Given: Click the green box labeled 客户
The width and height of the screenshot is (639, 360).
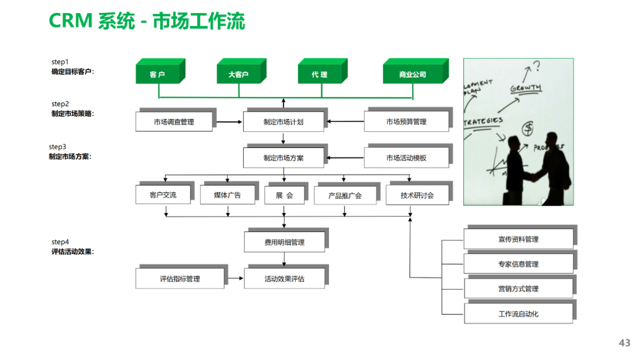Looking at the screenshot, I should pyautogui.click(x=157, y=75).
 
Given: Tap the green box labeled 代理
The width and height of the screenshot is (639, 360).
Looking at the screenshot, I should pyautogui.click(x=319, y=75).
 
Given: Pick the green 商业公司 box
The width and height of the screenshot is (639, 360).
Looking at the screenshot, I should pyautogui.click(x=412, y=75).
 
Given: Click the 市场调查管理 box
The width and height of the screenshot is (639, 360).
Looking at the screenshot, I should pyautogui.click(x=174, y=122).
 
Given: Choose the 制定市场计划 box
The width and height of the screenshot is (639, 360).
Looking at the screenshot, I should pyautogui.click(x=283, y=122).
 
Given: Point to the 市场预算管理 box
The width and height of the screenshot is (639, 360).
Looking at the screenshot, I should pyautogui.click(x=406, y=122).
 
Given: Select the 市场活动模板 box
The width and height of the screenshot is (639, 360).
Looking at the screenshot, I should pyautogui.click(x=406, y=158).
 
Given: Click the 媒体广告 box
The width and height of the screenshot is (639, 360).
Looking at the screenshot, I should pyautogui.click(x=227, y=195).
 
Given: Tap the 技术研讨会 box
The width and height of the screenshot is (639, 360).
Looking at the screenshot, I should pyautogui.click(x=417, y=195).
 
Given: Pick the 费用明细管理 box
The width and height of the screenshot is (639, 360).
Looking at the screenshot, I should pyautogui.click(x=284, y=242).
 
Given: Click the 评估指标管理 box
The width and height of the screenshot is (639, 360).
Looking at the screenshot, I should pyautogui.click(x=180, y=279).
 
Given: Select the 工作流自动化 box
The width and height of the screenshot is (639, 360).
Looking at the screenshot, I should pyautogui.click(x=518, y=314).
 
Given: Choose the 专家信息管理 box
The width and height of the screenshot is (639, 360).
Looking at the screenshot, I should pyautogui.click(x=518, y=264).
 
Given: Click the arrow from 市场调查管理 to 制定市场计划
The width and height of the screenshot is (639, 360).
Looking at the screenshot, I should pyautogui.click(x=230, y=123).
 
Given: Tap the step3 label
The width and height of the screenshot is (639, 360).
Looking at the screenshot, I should pyautogui.click(x=58, y=147).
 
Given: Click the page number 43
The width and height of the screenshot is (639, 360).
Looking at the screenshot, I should pyautogui.click(x=624, y=343).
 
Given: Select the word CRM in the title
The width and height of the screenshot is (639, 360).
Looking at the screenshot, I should pyautogui.click(x=70, y=22).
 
